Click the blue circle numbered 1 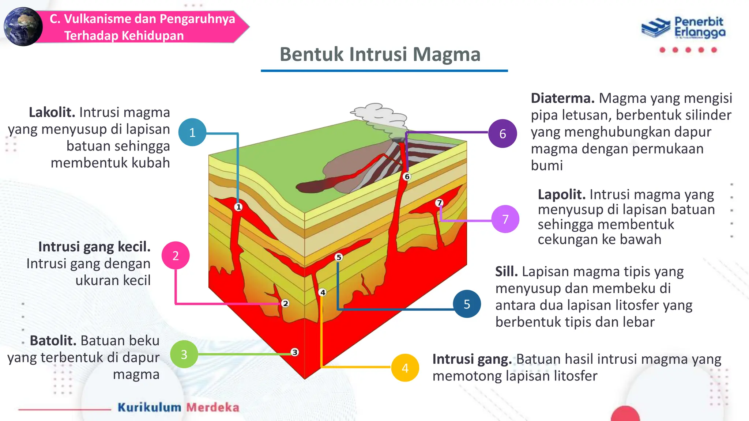[192, 132]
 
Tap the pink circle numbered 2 [176, 255]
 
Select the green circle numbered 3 [184, 354]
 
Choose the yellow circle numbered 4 [405, 368]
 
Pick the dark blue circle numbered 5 [467, 304]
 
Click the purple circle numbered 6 [503, 134]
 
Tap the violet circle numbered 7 [505, 219]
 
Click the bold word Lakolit [52, 113]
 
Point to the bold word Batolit [53, 341]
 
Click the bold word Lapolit [562, 194]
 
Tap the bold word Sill [506, 272]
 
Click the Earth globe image [23, 27]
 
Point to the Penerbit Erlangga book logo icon [656, 28]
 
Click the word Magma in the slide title [447, 54]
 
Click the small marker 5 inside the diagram [339, 257]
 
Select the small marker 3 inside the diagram [295, 352]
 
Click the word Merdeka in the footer [213, 407]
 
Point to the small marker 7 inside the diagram [439, 203]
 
